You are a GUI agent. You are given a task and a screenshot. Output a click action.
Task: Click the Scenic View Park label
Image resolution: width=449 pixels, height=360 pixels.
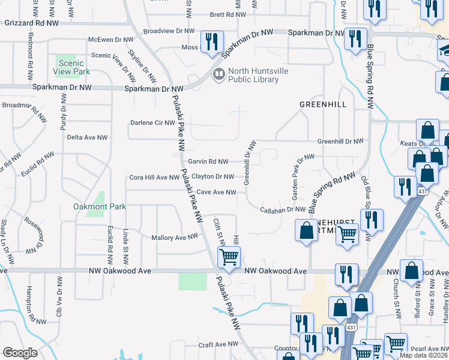[74, 67]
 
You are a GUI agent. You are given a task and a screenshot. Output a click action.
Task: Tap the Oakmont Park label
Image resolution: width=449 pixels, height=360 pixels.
[100, 206]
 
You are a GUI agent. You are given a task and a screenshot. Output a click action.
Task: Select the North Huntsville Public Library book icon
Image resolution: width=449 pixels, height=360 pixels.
[219, 74]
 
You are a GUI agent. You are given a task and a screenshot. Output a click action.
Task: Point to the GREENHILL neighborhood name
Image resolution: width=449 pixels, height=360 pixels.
[324, 104]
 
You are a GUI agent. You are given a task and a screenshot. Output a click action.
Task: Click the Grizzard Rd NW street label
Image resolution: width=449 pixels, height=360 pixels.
[32, 23]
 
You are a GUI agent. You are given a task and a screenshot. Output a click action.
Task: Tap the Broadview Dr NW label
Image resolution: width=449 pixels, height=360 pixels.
[169, 31]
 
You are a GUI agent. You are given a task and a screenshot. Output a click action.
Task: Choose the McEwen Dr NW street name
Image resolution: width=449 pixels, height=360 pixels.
[112, 40]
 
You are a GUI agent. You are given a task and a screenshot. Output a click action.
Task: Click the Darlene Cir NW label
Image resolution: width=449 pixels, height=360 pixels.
[152, 123]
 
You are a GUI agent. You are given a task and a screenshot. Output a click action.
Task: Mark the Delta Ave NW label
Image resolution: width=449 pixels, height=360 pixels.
[87, 137]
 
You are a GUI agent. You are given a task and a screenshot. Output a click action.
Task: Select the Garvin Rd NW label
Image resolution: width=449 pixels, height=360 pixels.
[208, 161]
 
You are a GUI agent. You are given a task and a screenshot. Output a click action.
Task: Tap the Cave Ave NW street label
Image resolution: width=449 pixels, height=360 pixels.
[217, 193]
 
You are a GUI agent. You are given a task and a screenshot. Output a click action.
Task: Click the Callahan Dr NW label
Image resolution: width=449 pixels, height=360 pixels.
[283, 209]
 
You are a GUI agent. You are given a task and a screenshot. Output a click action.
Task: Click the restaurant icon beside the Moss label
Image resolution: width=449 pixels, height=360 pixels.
[211, 41]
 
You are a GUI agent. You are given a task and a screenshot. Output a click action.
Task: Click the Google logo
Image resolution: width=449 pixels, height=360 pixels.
[20, 353]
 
